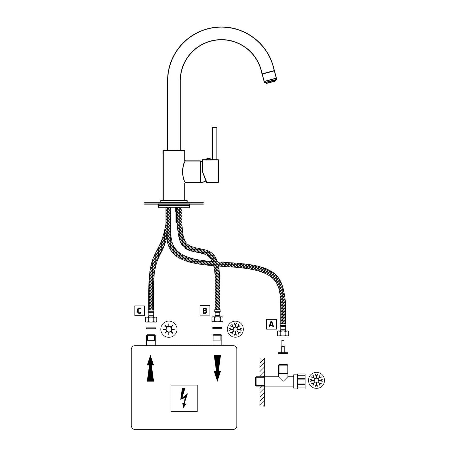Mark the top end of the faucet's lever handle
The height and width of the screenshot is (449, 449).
tap(214, 127)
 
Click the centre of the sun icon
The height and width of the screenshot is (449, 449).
tap(169, 329)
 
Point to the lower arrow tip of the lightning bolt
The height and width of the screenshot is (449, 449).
tap(184, 408)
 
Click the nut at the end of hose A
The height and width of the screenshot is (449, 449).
tap(283, 333)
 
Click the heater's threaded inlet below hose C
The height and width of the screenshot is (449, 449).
tap(151, 340)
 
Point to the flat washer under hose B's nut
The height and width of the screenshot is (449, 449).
tap(217, 328)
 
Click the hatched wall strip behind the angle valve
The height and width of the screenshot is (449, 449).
tap(262, 382)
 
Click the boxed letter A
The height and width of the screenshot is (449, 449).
tap(271, 324)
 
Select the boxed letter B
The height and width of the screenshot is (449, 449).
tap(205, 310)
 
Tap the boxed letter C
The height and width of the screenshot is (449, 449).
tap(139, 311)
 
